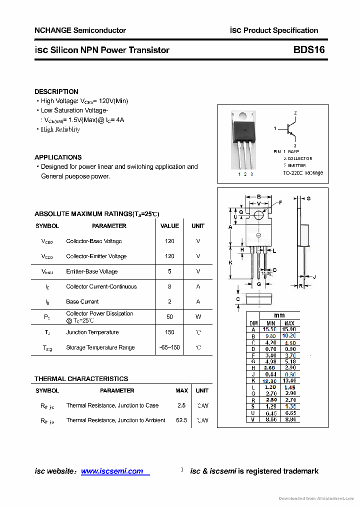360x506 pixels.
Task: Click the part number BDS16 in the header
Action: click(309, 50)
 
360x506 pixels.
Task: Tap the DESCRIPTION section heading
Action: click(56, 91)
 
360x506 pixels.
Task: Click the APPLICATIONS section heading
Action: click(58, 157)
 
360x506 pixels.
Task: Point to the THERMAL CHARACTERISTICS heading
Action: click(81, 378)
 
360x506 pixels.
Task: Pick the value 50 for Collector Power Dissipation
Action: click(169, 316)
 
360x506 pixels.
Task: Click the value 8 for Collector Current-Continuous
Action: click(169, 286)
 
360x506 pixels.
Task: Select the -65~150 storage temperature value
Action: click(169, 347)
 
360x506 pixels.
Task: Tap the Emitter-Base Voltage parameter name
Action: click(92, 271)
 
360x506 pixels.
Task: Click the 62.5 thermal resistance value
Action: click(181, 420)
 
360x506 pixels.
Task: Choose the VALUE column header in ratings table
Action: click(169, 226)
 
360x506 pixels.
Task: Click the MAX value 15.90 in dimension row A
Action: click(289, 329)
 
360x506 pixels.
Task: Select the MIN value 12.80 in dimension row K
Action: click(270, 381)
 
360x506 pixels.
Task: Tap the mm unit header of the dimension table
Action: click(279, 315)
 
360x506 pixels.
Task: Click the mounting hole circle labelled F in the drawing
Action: click(258, 215)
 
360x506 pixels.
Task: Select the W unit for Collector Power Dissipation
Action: click(198, 316)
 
